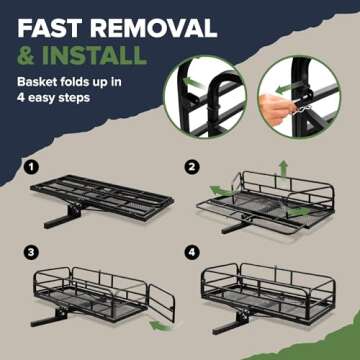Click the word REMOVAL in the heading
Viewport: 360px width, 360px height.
click(159, 27)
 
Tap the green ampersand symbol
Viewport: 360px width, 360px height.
click(28, 57)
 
